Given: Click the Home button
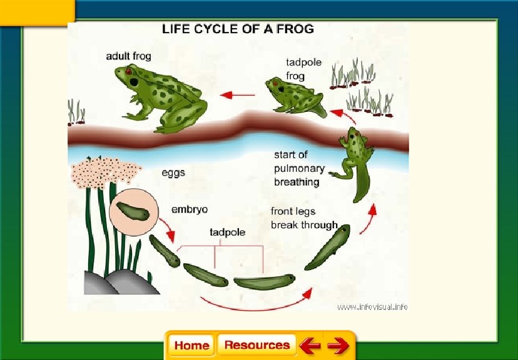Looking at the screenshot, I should click(191, 346).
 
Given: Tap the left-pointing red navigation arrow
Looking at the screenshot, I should click(310, 346).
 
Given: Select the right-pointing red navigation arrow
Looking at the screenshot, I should click(338, 346).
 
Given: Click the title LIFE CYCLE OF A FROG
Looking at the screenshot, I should click(238, 29).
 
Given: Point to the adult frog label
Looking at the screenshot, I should click(128, 56).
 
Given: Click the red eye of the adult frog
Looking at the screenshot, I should click(129, 72).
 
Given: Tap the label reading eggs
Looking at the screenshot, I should click(173, 172).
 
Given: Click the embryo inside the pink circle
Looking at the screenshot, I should click(133, 211).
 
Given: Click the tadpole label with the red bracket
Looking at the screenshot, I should click(226, 232).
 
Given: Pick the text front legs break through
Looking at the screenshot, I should click(304, 218).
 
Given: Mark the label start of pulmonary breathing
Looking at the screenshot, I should click(300, 168).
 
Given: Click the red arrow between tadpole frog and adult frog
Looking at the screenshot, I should click(237, 95).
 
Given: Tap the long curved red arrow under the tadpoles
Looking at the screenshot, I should click(256, 303).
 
